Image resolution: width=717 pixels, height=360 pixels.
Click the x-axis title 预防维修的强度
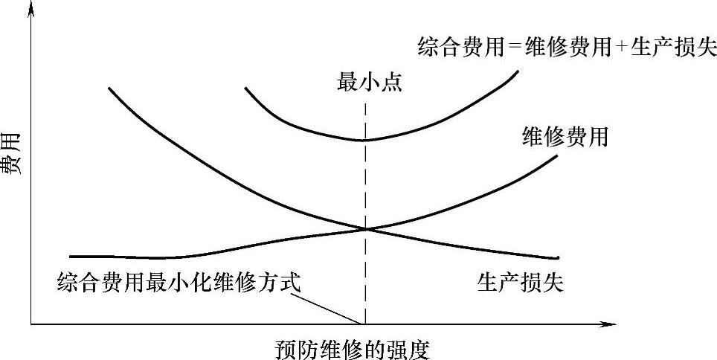tap(353, 347)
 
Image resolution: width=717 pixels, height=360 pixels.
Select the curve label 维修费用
tap(566, 137)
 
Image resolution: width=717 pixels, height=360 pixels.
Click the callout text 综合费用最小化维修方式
tap(179, 283)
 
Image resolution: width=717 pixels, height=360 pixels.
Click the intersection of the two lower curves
tap(365, 228)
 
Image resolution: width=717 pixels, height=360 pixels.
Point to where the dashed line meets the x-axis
tap(365, 324)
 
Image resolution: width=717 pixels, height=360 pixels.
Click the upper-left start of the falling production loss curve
tap(109, 89)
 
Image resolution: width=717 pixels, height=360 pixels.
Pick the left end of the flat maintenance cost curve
tap(69, 256)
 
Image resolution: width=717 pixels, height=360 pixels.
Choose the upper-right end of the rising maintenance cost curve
tap(556, 155)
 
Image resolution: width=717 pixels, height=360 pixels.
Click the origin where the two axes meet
tap(31, 324)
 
